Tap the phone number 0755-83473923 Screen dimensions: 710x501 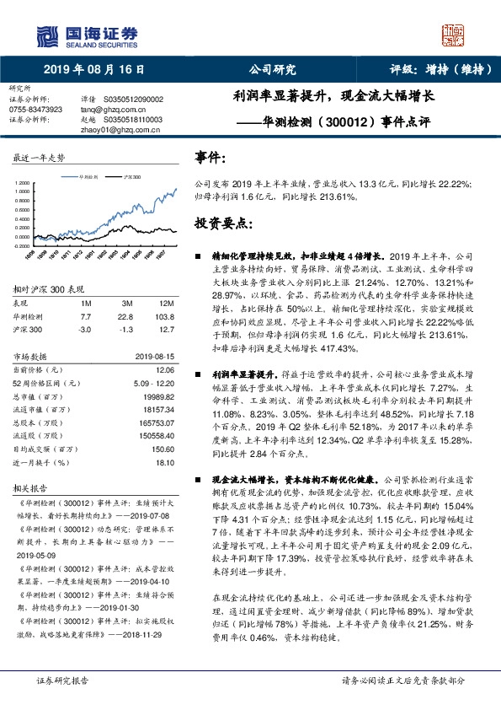(x=35, y=110)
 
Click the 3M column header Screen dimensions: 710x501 (x=127, y=302)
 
